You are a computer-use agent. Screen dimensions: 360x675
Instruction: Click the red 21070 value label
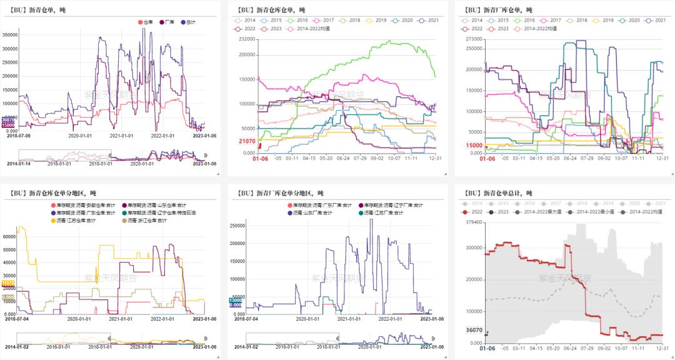[x=247, y=141]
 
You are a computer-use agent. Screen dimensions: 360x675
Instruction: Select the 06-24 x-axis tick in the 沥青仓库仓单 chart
[x=342, y=159]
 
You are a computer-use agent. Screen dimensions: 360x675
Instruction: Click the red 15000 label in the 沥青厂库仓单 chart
[x=474, y=145]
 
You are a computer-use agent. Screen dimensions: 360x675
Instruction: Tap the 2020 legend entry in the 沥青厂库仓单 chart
[x=627, y=21]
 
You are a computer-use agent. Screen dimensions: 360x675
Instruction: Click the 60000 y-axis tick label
[x=10, y=237]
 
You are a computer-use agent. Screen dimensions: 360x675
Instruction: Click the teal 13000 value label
[x=235, y=301]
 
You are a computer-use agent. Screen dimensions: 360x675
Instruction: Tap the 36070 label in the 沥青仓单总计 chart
[x=474, y=330]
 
